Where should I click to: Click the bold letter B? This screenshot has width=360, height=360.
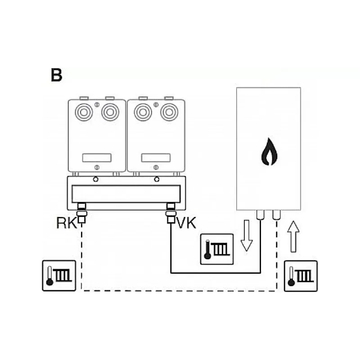pos(57,75)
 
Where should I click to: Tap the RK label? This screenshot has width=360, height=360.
pos(67,223)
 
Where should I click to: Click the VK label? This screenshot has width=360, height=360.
pos(187,223)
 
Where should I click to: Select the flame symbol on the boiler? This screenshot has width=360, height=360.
pos(269,152)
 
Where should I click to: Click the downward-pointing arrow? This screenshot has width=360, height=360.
pos(247,235)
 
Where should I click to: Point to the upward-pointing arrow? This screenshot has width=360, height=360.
pos(293,237)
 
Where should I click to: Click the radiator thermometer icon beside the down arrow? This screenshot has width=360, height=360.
pos(217,249)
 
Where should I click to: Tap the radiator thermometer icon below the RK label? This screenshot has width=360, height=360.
pos(59,276)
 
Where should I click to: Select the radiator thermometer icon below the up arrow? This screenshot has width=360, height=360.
pos(301,276)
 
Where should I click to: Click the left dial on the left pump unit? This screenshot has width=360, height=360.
pos(84,112)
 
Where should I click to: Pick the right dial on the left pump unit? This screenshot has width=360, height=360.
pos(110,112)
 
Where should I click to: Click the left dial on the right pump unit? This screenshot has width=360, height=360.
pos(143,112)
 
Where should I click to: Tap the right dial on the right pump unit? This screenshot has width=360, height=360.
pos(169,112)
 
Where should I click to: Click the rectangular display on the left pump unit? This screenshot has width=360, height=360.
pos(97,158)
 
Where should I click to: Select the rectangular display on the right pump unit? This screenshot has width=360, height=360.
pos(156,158)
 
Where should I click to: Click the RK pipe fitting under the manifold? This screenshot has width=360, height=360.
pos(82,213)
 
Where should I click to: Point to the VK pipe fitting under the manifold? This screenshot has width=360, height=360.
pos(171,213)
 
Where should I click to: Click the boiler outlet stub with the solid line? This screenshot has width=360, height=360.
pos(260,215)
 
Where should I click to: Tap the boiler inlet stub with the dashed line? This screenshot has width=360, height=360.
pos(276,215)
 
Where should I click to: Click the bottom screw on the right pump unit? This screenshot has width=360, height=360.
pos(156,167)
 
